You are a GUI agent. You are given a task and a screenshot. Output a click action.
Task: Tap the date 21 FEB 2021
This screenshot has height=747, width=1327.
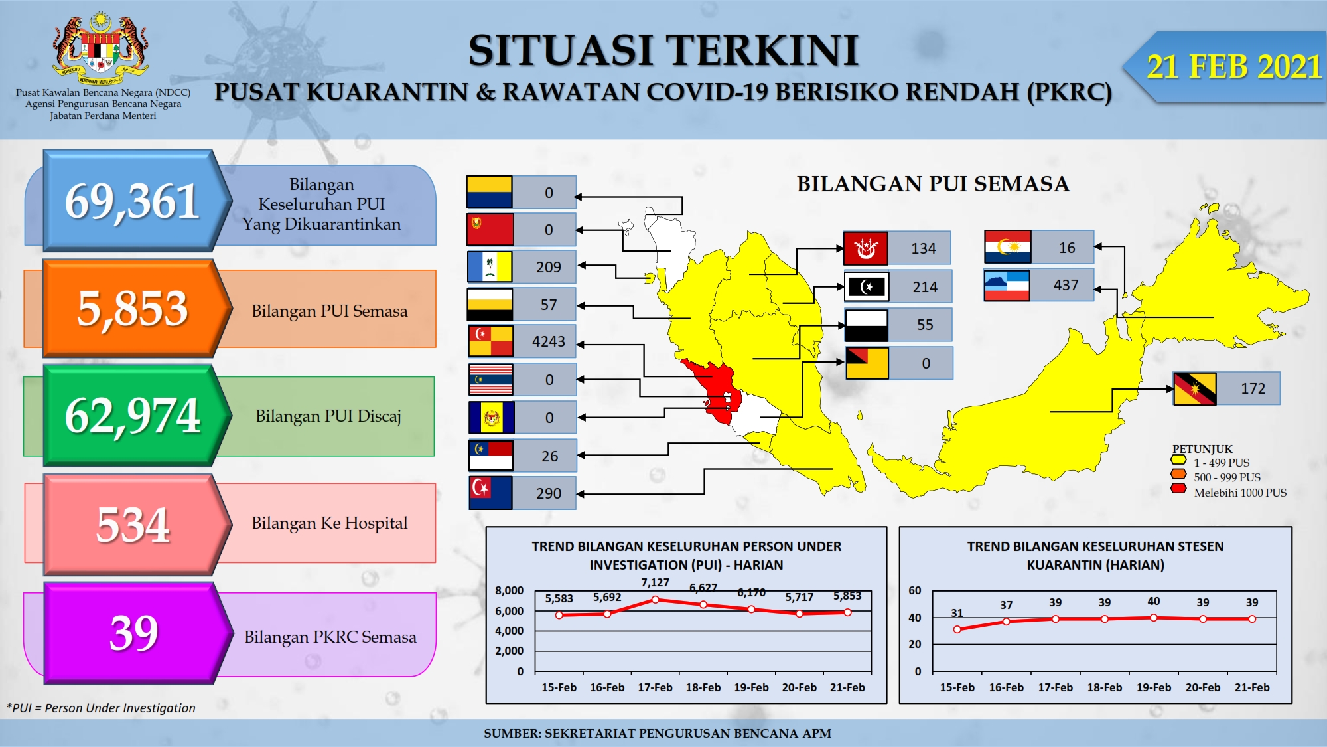tap(1234, 67)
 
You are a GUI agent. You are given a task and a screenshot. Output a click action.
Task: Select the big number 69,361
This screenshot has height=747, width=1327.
tap(132, 201)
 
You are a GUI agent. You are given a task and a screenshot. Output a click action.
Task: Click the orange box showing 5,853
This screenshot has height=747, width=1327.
tap(133, 308)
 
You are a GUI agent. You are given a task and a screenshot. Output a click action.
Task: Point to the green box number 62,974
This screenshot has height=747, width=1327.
tap(133, 416)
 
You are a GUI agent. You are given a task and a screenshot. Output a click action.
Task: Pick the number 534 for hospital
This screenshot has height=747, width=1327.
tap(133, 525)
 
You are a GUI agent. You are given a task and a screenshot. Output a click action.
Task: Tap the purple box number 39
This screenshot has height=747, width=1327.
tap(134, 633)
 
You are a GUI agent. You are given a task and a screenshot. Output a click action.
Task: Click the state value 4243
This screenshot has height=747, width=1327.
tap(549, 341)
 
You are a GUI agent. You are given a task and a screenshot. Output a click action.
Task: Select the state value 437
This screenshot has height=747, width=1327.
tap(1066, 285)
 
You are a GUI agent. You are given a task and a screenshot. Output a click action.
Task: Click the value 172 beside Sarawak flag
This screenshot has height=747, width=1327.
tap(1253, 388)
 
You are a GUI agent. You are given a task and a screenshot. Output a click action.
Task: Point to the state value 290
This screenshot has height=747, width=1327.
tap(549, 493)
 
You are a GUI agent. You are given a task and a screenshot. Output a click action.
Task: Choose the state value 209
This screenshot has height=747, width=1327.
tap(549, 267)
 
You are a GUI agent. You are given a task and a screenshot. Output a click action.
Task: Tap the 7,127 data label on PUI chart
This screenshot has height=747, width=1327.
tap(655, 582)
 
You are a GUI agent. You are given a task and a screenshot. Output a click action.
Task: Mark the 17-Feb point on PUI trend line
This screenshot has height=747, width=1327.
tap(656, 600)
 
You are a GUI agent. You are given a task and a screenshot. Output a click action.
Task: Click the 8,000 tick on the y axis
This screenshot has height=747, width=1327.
tap(509, 590)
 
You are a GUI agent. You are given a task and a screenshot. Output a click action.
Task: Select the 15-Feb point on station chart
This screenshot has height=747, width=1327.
tap(957, 629)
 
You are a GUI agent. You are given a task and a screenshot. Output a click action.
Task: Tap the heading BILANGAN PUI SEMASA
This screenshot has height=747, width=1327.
tap(933, 184)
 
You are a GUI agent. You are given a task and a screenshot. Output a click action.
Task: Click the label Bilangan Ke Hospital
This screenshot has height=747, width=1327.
tap(329, 523)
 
